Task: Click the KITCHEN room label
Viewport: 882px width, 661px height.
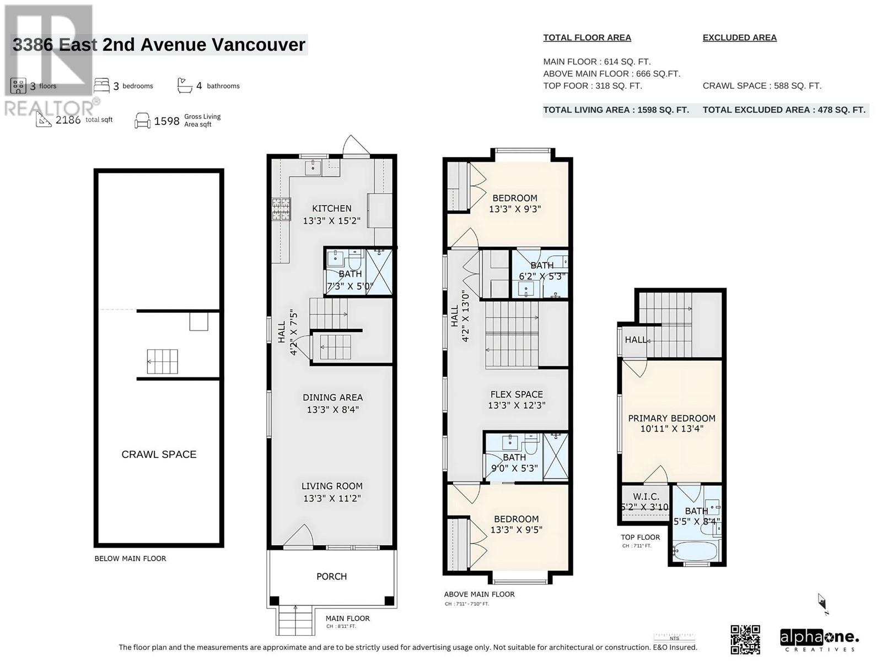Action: click(x=331, y=208)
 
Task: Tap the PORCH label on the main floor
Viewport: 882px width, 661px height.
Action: click(x=331, y=576)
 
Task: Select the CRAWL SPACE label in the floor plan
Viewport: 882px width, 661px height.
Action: click(x=159, y=454)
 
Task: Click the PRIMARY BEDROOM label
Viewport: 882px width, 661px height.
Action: click(x=671, y=418)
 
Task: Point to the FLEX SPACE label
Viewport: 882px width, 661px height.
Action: click(x=517, y=394)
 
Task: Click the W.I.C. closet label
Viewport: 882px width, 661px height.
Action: click(x=646, y=496)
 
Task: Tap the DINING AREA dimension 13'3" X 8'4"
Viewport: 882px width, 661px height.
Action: click(x=332, y=409)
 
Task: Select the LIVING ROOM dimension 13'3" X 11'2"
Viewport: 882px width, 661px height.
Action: click(x=332, y=498)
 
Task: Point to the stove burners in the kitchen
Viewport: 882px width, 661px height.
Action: click(x=281, y=209)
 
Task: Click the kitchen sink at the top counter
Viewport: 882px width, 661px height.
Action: click(x=313, y=167)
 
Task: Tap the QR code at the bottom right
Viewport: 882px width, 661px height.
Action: click(x=745, y=639)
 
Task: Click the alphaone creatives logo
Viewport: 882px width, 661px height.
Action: click(x=819, y=639)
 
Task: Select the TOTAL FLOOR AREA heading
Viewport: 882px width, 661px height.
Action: click(x=587, y=37)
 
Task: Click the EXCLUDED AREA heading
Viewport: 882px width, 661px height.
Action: click(x=739, y=37)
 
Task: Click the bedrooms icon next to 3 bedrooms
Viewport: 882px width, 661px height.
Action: click(x=101, y=85)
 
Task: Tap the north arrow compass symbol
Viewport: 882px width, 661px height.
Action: click(x=822, y=602)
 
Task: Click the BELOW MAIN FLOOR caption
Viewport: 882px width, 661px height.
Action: click(x=130, y=559)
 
